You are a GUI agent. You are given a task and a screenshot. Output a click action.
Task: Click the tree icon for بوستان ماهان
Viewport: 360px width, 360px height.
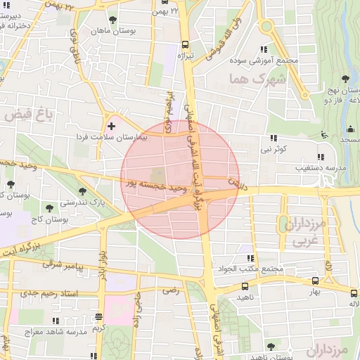click(114, 20)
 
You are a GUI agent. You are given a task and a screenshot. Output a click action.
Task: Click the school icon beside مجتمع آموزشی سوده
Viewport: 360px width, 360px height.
click(263, 49)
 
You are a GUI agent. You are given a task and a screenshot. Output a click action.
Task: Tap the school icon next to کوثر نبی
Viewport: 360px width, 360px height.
click(274, 138)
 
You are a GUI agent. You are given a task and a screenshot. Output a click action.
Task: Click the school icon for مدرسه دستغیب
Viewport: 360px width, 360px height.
click(321, 157)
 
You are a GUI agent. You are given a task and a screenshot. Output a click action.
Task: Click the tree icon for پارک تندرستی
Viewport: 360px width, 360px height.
click(82, 191)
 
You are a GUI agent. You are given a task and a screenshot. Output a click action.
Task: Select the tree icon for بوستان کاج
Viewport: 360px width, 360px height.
click(49, 207)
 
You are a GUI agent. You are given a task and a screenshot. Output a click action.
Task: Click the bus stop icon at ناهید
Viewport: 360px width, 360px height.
click(245, 286)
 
